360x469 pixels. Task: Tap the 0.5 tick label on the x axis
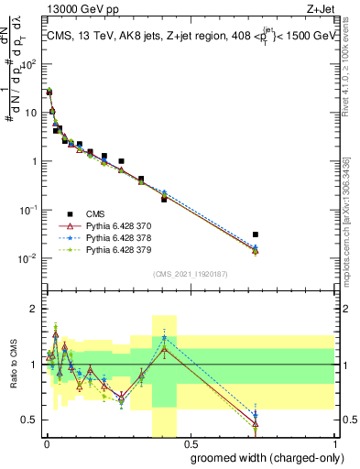(191, 442)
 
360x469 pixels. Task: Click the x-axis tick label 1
(336, 442)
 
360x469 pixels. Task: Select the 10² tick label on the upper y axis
(31, 65)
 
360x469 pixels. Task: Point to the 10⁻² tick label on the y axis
(31, 258)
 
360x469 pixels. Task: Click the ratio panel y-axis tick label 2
(36, 309)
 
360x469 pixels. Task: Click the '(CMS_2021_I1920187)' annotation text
(190, 273)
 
